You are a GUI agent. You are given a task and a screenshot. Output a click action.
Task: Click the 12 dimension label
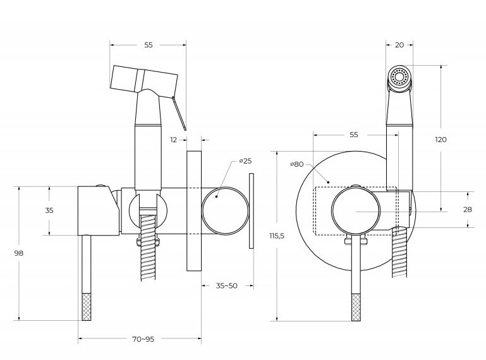(x=174, y=140)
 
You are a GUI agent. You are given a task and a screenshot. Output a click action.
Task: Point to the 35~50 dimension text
(x=226, y=285)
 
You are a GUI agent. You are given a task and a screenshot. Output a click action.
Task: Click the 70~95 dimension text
(x=143, y=339)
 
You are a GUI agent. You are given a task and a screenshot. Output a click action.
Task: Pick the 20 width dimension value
(x=399, y=44)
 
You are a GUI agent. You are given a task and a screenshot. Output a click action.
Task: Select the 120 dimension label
(x=440, y=139)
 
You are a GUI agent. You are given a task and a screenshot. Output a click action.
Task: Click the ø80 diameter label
(x=297, y=164)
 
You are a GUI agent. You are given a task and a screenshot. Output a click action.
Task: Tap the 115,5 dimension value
(x=277, y=236)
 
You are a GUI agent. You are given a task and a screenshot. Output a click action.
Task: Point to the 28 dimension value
(x=468, y=209)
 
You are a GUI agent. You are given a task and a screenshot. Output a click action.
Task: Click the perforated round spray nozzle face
(x=399, y=77)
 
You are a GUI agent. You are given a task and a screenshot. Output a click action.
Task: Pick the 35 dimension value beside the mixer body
(x=49, y=211)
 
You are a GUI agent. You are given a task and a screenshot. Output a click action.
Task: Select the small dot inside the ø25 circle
(x=216, y=197)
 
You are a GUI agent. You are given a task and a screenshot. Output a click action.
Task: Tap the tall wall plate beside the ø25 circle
(x=194, y=210)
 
